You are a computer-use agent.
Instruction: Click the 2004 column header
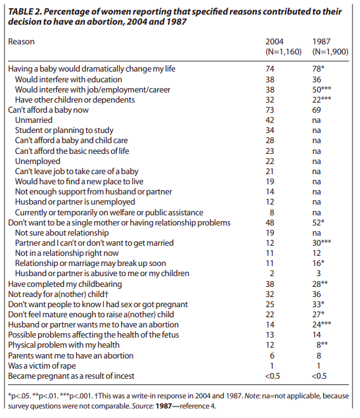[274, 42]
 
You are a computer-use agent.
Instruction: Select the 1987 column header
[321, 42]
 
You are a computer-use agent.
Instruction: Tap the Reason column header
[22, 42]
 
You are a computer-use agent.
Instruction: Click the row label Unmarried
[34, 120]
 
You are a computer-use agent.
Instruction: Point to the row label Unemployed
[37, 161]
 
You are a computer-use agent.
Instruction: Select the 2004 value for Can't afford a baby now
[270, 110]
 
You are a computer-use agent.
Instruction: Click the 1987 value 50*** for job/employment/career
[321, 89]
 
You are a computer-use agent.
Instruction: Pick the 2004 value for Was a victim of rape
[272, 366]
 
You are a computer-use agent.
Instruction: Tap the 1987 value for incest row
[319, 376]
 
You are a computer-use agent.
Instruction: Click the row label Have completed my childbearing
[65, 284]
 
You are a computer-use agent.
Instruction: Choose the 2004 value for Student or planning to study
[270, 130]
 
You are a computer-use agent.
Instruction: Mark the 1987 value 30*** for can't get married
[321, 243]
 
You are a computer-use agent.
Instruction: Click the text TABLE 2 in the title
[24, 12]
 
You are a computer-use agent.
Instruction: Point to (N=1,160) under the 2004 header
[283, 52]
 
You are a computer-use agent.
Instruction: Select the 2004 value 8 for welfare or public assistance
[272, 212]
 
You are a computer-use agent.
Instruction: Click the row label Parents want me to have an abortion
[71, 356]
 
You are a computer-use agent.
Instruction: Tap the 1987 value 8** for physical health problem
[322, 345]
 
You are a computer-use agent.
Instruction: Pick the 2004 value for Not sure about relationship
[270, 232]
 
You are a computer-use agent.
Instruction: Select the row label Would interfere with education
[68, 79]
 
